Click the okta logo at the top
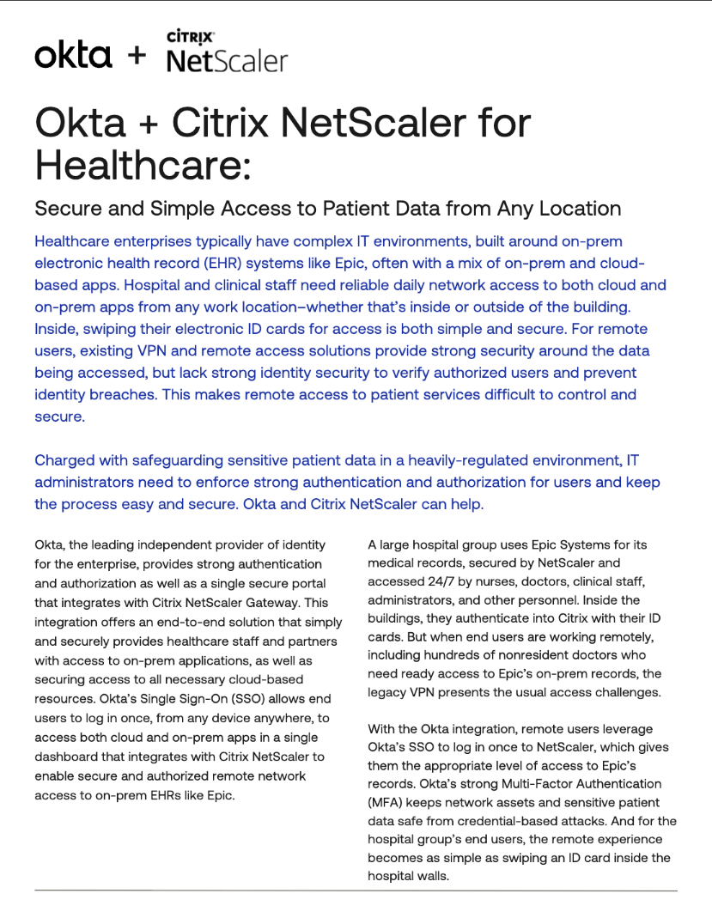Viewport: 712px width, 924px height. point(73,56)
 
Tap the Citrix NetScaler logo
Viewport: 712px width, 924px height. point(227,52)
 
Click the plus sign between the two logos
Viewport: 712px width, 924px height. point(137,57)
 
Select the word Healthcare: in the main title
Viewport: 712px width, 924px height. point(143,162)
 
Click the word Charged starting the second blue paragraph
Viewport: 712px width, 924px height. point(65,460)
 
